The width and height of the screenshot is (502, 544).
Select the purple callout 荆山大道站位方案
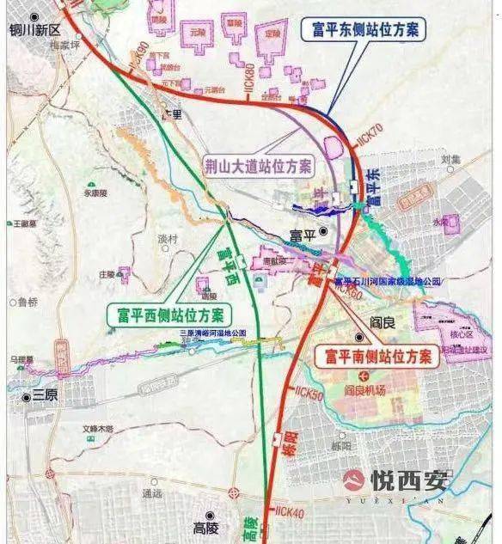258,163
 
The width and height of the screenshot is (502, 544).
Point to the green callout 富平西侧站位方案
166,315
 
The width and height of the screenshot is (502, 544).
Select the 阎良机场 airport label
366,389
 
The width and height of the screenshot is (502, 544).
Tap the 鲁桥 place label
28,303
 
